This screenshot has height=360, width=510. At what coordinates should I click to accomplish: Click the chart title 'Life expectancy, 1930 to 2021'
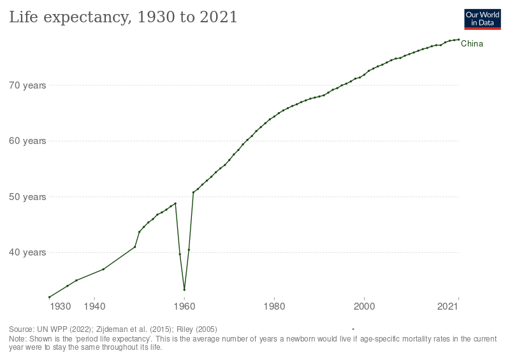coord(123,18)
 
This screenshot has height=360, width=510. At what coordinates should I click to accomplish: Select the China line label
coord(472,44)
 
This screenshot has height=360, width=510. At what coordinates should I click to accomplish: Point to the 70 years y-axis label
coord(26,85)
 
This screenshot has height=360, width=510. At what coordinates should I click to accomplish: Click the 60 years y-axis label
coord(26,141)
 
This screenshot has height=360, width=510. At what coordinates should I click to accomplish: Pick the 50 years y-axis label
coord(26,197)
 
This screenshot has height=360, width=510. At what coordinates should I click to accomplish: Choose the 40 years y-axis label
coord(26,252)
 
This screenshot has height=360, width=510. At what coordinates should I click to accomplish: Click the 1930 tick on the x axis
coord(61,307)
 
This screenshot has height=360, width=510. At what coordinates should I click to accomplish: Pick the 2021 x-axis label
coord(449,307)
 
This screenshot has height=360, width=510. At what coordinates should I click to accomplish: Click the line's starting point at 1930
coord(50,297)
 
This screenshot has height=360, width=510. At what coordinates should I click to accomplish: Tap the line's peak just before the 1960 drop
coord(175,203)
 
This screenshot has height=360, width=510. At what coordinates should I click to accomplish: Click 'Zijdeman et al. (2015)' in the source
coord(133,329)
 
